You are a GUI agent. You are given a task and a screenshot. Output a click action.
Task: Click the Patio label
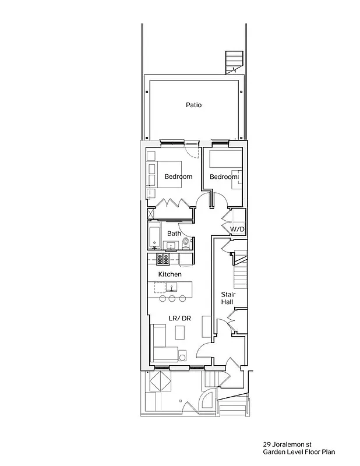(x=193, y=105)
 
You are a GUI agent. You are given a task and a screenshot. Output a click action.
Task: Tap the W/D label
(x=237, y=230)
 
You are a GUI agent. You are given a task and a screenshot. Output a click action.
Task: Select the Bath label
(x=174, y=234)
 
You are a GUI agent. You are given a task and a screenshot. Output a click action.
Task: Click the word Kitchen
(x=170, y=274)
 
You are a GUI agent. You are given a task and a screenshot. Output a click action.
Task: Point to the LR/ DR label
(x=179, y=318)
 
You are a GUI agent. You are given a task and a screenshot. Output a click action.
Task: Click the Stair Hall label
(x=227, y=298)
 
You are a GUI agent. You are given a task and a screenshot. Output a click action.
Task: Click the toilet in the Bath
(x=186, y=243)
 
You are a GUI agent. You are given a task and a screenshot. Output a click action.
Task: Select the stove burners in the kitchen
(x=163, y=259)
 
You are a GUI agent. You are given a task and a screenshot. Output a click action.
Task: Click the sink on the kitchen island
(x=171, y=287)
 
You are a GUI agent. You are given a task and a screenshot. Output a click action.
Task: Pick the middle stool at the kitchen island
(x=172, y=299)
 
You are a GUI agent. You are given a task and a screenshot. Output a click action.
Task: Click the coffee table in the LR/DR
(x=180, y=332)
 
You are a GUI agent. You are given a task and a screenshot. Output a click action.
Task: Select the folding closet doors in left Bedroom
(x=171, y=203)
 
